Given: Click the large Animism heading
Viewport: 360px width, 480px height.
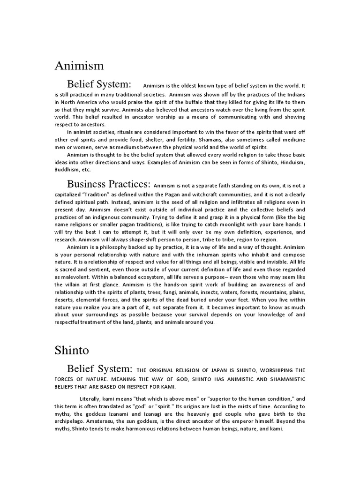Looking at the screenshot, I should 79,66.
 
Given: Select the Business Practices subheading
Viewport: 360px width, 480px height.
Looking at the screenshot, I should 108,183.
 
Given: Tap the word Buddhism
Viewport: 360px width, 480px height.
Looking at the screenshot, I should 67,170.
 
